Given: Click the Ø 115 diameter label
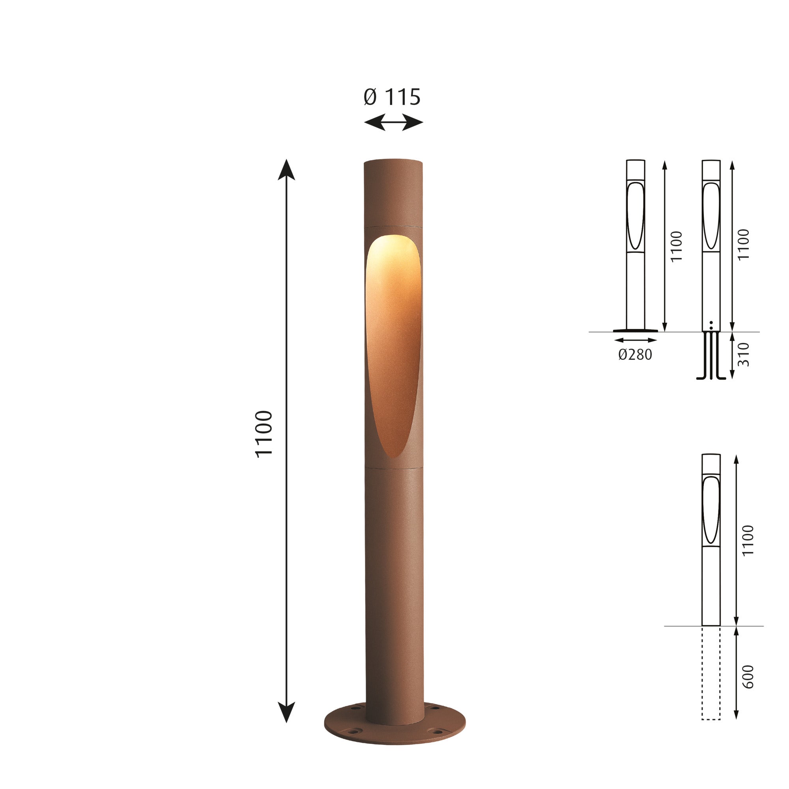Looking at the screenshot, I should (x=392, y=97).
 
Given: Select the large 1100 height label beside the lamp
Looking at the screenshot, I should (x=264, y=434).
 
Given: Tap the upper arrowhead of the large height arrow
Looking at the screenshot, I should (x=286, y=170).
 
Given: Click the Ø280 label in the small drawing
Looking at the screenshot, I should (x=635, y=355).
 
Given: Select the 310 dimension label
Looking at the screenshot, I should (x=744, y=355).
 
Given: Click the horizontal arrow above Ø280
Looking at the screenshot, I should (x=635, y=340).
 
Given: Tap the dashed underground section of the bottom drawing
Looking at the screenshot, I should (x=711, y=678).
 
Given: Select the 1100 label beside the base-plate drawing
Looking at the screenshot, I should (x=676, y=246).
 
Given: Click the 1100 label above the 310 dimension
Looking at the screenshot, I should (x=744, y=244).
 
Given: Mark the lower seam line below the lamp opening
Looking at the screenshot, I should (x=394, y=466).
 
